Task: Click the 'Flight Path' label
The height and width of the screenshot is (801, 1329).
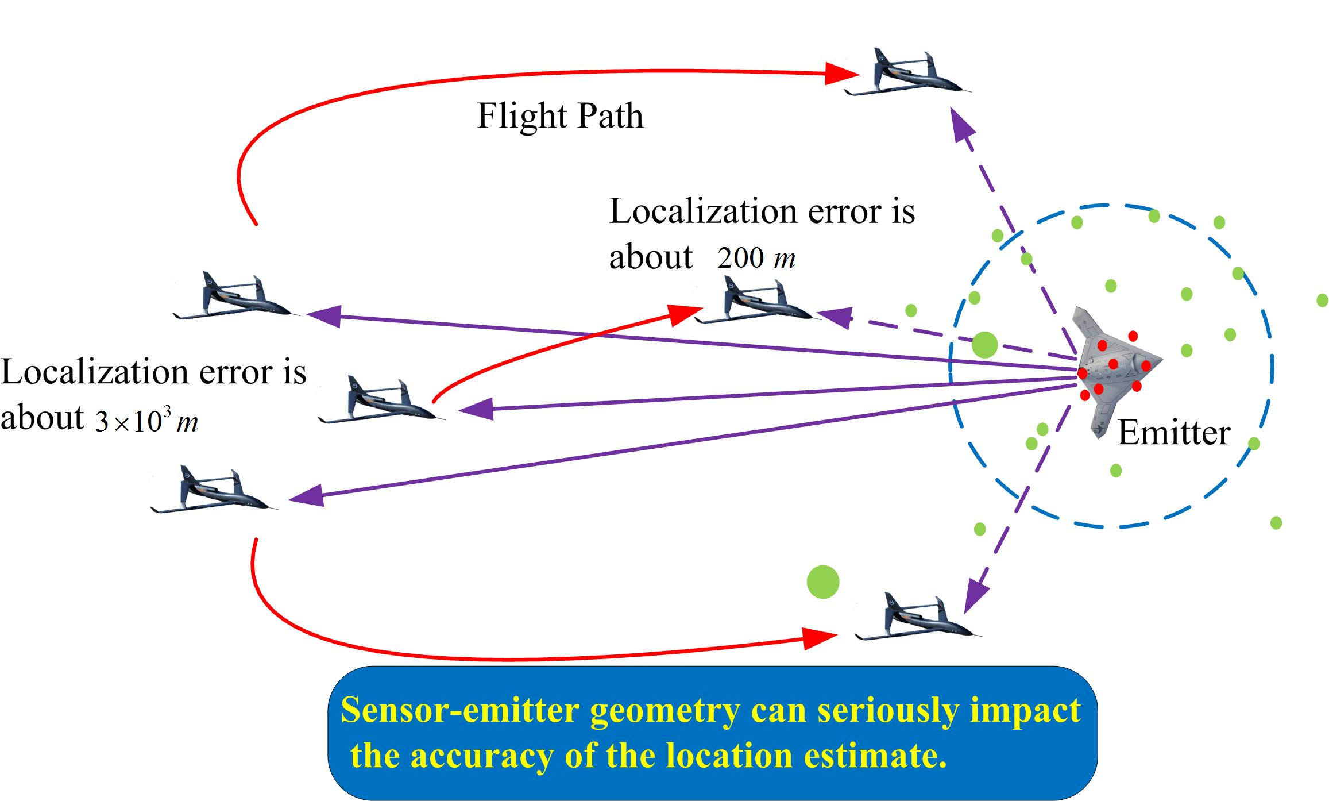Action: pyautogui.click(x=560, y=117)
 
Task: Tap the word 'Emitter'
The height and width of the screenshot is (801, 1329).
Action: pyautogui.click(x=1173, y=433)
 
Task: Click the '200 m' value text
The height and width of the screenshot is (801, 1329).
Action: pyautogui.click(x=756, y=259)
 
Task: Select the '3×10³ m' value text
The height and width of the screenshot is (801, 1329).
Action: pyautogui.click(x=147, y=422)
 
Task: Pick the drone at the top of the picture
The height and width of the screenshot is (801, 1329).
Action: pyautogui.click(x=907, y=75)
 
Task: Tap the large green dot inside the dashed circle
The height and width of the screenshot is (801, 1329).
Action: pyautogui.click(x=984, y=345)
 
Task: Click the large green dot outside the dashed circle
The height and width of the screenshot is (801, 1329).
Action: pyautogui.click(x=822, y=582)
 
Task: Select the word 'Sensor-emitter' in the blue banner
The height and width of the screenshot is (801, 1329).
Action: pyautogui.click(x=459, y=710)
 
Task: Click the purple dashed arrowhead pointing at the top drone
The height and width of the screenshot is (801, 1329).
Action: pyautogui.click(x=961, y=124)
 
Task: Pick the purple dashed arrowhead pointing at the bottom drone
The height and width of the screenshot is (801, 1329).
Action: pyautogui.click(x=975, y=596)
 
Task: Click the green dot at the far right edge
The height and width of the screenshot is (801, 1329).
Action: pyautogui.click(x=1322, y=301)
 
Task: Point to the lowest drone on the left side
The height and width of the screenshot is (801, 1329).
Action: pyautogui.click(x=213, y=492)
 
